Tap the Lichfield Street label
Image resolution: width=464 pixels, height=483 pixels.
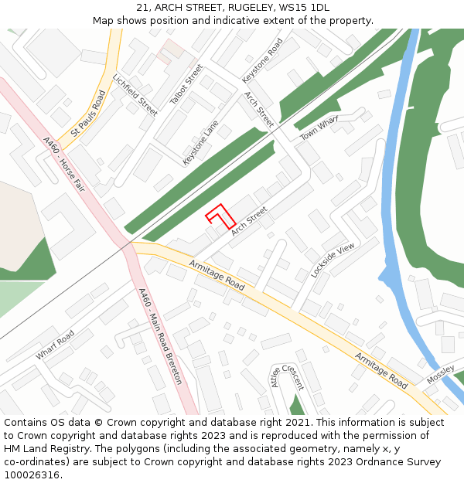pyautogui.click(x=135, y=95)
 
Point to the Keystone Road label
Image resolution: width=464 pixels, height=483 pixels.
pyautogui.click(x=263, y=60)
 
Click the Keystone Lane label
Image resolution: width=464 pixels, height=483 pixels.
pyautogui.click(x=200, y=142)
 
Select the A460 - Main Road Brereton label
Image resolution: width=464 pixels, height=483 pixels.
pyautogui.click(x=160, y=336)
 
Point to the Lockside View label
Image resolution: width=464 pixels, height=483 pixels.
pyautogui.click(x=333, y=260)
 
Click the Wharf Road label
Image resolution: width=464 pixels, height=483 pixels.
pyautogui.click(x=54, y=345)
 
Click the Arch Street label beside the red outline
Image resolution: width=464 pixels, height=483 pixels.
pyautogui.click(x=249, y=221)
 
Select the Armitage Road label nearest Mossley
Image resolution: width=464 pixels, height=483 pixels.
pyautogui.click(x=381, y=370)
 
